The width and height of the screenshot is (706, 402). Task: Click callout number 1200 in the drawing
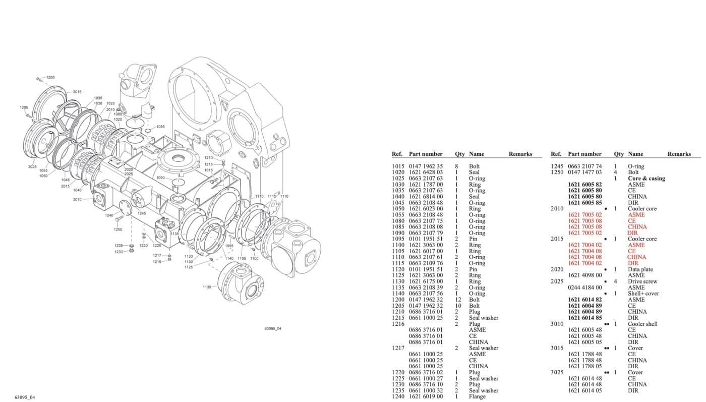coord(50,77)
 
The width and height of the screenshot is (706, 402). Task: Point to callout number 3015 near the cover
coord(77,92)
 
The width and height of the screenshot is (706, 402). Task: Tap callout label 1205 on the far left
coord(24,107)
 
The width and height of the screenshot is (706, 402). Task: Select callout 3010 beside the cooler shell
coord(77,200)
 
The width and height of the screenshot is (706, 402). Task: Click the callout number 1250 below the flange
coord(117,229)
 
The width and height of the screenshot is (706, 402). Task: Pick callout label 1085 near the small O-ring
coord(160,127)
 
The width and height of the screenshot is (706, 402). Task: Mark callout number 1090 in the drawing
coord(160,178)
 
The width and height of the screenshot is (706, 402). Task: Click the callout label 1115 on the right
coord(272,196)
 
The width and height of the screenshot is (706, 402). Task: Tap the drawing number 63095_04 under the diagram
coord(272,329)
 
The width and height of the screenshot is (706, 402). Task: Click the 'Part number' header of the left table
coord(426,154)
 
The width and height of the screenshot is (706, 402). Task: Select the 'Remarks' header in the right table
coord(679,154)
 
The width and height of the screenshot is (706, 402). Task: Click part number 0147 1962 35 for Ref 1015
coord(426,166)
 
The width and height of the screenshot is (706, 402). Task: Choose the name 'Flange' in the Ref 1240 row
coord(477,396)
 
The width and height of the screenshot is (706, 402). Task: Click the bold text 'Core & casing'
coord(646,179)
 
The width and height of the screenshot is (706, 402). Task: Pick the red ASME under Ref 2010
coord(636,215)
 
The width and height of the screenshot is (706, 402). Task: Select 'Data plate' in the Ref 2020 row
coord(640,269)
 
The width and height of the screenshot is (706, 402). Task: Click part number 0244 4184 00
coord(584,288)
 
